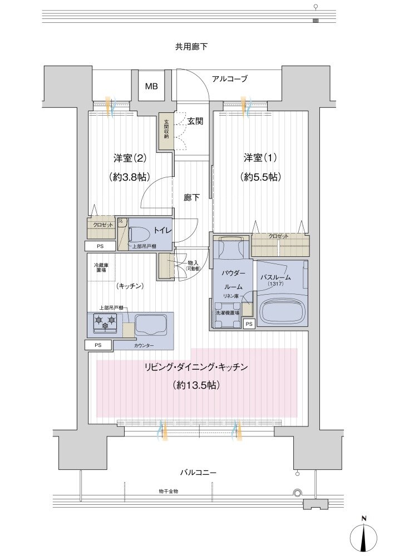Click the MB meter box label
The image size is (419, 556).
pyautogui.click(x=151, y=87)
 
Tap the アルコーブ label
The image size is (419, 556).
pyautogui.click(x=229, y=79)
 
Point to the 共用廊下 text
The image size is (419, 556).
pyautogui.click(x=191, y=47)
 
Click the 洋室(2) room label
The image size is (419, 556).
pyautogui.click(x=130, y=158)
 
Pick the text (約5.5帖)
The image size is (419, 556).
pyautogui.click(x=260, y=177)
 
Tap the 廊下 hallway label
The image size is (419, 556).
pyautogui.click(x=191, y=197)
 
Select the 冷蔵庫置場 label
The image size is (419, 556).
pyautogui.click(x=101, y=269)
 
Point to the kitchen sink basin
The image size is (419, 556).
pyautogui.click(x=151, y=324)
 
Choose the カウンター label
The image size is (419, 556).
pyautogui.click(x=144, y=345)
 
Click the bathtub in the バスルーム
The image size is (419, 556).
pyautogui.click(x=283, y=311)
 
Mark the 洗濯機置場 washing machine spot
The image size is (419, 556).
pyautogui.click(x=228, y=313)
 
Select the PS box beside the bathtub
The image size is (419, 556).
pyautogui.click(x=249, y=324)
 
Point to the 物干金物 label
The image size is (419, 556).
pyautogui.click(x=167, y=492)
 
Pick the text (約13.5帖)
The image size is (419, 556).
pyautogui.click(x=195, y=385)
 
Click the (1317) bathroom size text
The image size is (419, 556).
pyautogui.click(x=275, y=284)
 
